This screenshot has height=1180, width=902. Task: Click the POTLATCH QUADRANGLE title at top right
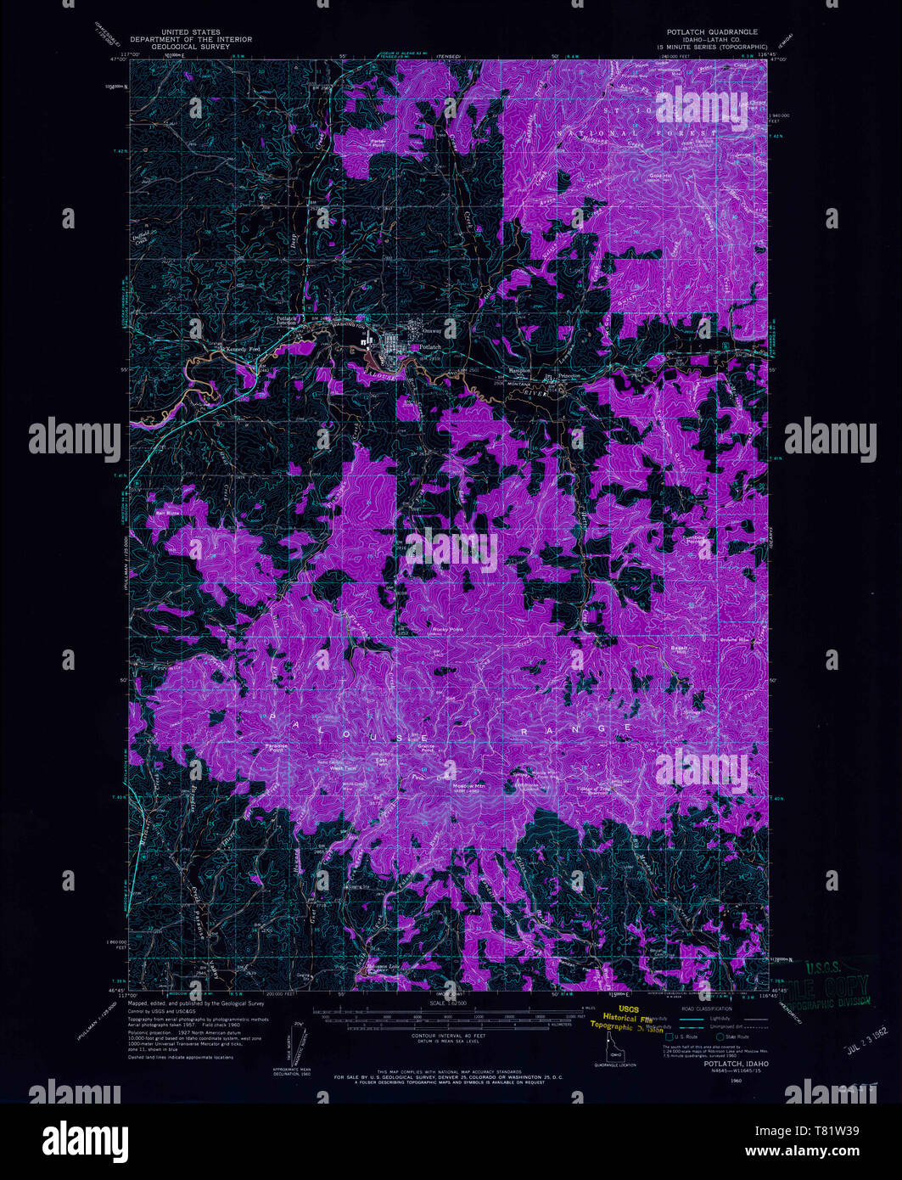[x=711, y=31]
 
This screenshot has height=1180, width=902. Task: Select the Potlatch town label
[x=429, y=347]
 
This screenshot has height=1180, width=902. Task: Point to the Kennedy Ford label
[x=240, y=348]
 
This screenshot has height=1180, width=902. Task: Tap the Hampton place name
[x=518, y=371]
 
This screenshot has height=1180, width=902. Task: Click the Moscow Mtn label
[x=468, y=785]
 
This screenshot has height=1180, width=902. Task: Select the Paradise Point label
[x=277, y=748]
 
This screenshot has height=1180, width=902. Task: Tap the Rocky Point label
[x=448, y=629]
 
